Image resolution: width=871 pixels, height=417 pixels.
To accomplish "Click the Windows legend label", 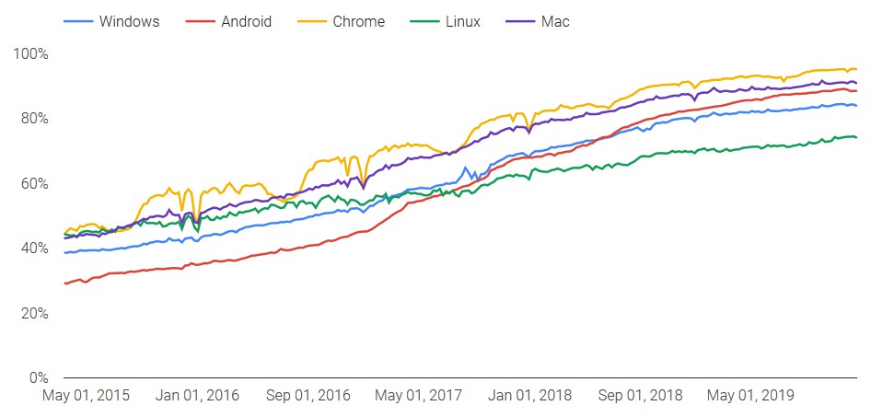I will (x=128, y=21).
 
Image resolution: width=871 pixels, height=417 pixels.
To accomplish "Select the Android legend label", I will (x=246, y=21).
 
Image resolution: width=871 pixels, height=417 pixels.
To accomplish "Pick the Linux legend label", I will (x=462, y=21).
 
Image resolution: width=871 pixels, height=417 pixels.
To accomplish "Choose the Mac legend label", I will (x=555, y=21).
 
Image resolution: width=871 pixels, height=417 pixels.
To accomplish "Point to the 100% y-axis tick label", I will (x=31, y=53).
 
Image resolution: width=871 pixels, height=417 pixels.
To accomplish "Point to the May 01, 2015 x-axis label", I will (x=87, y=396).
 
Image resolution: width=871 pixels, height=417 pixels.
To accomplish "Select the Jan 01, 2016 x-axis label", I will (x=198, y=396).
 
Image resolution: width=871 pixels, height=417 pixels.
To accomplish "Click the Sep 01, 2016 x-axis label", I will (x=308, y=396).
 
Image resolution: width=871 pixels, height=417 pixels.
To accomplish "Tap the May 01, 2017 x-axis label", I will (x=419, y=396).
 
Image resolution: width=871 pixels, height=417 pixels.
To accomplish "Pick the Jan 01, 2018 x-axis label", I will (x=529, y=396).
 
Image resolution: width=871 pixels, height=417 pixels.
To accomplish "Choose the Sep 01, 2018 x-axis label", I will (x=640, y=396).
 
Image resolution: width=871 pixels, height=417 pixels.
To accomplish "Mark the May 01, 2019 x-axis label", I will (x=750, y=396).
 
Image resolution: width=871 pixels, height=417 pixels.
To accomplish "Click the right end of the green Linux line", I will (x=856, y=137).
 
